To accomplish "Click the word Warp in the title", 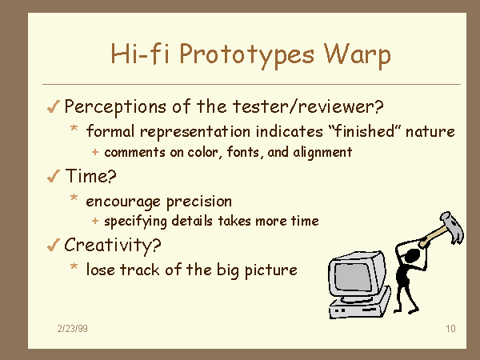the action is [358, 54].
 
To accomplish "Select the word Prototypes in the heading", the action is [246, 55].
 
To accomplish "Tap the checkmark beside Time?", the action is [53, 177].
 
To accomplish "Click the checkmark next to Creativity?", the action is [53, 246].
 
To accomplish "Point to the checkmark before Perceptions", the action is [53, 107].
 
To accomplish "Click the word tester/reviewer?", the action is [308, 106].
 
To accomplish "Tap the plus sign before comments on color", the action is [95, 152].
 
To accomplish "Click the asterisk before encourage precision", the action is [74, 198].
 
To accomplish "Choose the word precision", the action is [199, 202].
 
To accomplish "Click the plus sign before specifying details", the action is [95, 221].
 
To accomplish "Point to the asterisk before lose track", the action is [74, 266].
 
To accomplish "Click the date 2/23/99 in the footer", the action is [73, 329].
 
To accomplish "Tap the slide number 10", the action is [450, 329].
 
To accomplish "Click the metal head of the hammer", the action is [453, 226].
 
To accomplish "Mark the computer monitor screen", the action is [354, 277].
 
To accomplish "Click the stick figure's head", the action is [413, 255].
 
